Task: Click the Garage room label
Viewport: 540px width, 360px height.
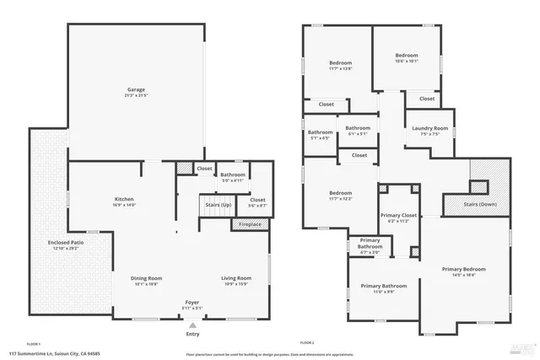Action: [136, 89]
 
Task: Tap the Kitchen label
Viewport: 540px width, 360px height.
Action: [124, 200]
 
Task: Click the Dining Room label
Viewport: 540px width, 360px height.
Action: [145, 278]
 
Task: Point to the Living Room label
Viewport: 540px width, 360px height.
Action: [236, 278]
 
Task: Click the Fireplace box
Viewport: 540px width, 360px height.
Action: [250, 224]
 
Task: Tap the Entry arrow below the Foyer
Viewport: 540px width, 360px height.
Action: [193, 325]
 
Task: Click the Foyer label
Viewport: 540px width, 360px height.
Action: [193, 302]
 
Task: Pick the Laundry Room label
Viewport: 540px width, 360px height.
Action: [429, 129]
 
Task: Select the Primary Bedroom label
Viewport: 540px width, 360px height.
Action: [463, 269]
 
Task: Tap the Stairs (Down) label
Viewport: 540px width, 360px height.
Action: [480, 204]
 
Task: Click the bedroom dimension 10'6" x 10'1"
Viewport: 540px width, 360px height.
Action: [406, 61]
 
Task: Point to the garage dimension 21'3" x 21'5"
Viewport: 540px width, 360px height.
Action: [136, 95]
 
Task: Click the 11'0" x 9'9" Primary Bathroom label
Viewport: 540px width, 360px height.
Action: [383, 292]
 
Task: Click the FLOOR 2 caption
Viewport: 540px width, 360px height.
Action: [307, 344]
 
